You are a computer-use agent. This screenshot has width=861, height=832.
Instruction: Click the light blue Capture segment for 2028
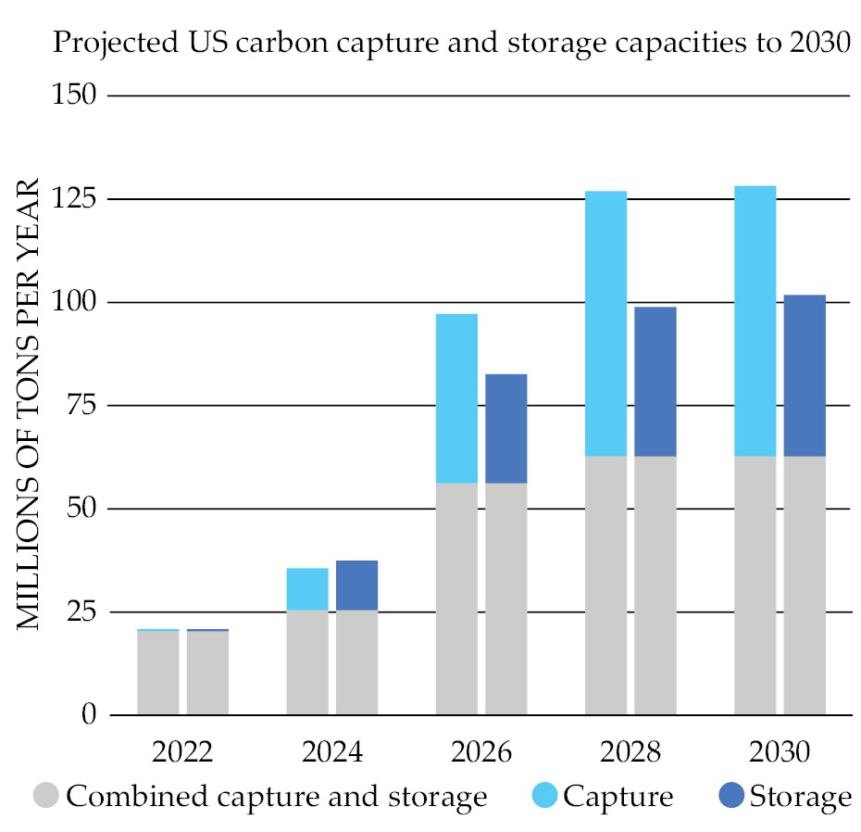(605, 323)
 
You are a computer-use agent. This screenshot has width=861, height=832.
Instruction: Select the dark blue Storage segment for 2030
(805, 375)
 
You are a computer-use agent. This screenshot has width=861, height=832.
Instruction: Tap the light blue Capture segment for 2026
(456, 398)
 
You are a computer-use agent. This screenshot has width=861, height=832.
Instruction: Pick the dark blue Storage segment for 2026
(505, 428)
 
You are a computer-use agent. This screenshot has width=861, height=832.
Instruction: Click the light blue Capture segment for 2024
(307, 588)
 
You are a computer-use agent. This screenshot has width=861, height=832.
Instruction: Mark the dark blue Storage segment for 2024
(356, 585)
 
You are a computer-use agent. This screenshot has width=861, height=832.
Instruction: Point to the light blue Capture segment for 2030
(755, 321)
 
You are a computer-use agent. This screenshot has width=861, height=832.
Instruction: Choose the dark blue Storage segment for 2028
(655, 381)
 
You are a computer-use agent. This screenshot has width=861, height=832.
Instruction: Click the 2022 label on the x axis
(182, 750)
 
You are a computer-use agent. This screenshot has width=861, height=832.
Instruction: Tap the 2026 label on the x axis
(481, 750)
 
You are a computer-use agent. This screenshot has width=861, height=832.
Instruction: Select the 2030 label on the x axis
(780, 750)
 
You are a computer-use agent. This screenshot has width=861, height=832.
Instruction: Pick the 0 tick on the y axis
(89, 715)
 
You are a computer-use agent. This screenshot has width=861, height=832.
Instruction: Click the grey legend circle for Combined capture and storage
(46, 795)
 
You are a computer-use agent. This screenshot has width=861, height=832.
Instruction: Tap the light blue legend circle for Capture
(545, 795)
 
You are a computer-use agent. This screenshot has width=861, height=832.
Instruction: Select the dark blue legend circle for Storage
(732, 795)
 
